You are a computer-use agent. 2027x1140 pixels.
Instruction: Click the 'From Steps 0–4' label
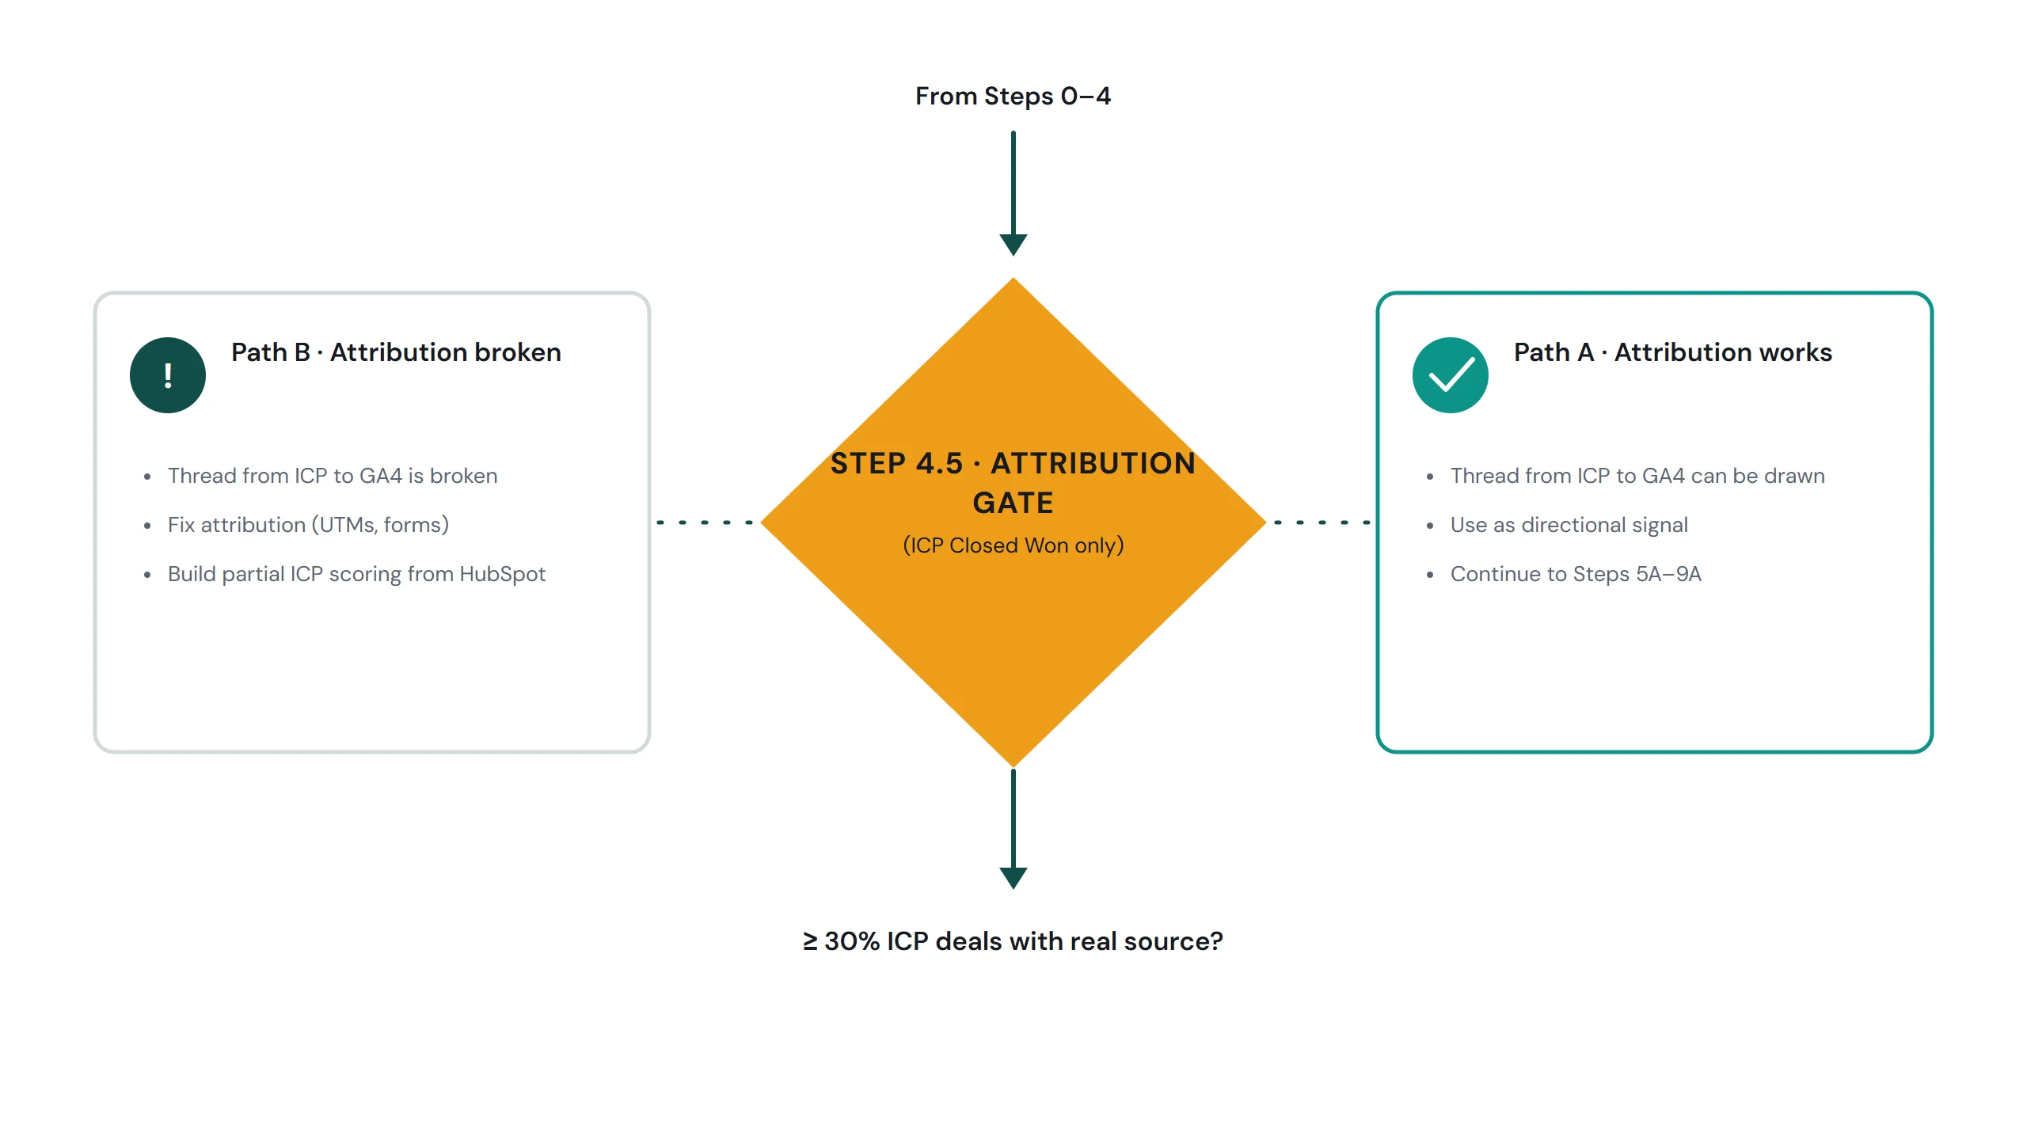click(1013, 97)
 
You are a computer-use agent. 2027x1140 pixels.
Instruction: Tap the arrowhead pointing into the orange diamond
click(1013, 245)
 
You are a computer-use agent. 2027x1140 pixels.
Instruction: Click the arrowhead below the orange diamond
click(1013, 878)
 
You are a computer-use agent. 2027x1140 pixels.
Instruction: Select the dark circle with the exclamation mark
click(168, 375)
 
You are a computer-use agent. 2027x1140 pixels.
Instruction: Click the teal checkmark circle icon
click(1451, 375)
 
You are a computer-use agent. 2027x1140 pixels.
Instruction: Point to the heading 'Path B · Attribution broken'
click(396, 352)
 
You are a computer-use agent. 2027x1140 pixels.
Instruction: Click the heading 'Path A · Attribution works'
click(1673, 352)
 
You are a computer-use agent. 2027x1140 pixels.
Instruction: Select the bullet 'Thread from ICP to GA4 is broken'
click(333, 476)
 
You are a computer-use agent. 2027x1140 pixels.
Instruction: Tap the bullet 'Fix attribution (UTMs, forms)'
click(308, 525)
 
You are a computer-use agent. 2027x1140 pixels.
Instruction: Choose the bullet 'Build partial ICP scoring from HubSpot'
click(356, 574)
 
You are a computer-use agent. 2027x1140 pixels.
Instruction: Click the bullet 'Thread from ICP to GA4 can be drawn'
click(1637, 476)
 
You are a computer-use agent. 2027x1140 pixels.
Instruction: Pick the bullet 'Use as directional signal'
click(1569, 525)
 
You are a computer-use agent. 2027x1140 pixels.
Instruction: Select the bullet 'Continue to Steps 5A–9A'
click(1576, 574)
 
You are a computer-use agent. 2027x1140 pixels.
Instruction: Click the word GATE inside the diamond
click(1013, 503)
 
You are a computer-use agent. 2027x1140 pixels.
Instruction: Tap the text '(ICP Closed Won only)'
click(1013, 545)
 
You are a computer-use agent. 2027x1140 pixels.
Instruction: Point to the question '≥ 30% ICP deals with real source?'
click(1013, 941)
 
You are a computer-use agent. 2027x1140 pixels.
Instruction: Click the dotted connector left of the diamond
click(705, 522)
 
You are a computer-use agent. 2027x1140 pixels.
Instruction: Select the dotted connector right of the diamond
click(1322, 522)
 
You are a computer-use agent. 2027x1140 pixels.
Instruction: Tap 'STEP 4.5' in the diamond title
click(896, 463)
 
